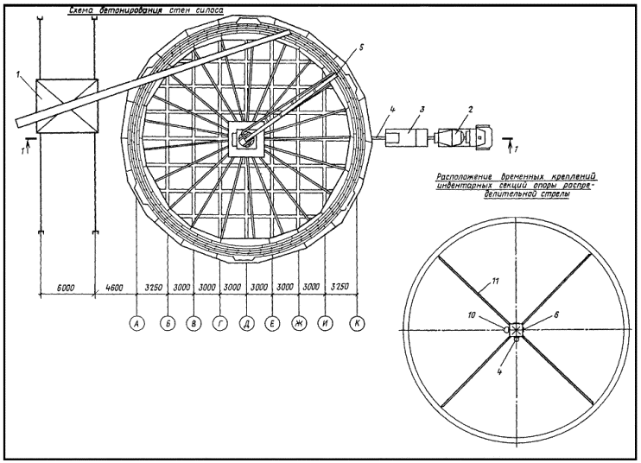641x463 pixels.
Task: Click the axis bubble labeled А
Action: point(137,324)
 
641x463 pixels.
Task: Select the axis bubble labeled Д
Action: point(246,324)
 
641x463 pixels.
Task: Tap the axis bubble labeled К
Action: point(358,323)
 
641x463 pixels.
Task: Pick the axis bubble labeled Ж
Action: point(299,324)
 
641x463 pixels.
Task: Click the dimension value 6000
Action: point(66,289)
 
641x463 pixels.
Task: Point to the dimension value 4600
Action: point(114,289)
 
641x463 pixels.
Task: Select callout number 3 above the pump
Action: point(422,109)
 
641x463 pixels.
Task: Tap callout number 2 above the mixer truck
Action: point(471,109)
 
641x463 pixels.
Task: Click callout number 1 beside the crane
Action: point(18,74)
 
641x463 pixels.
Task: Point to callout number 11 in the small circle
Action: point(496,281)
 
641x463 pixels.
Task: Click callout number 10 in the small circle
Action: point(473,315)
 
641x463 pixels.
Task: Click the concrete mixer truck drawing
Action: point(465,137)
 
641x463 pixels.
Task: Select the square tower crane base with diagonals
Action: point(67,106)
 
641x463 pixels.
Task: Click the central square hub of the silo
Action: point(247,139)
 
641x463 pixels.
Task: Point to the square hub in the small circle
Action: point(516,329)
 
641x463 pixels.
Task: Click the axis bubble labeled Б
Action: point(168,324)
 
